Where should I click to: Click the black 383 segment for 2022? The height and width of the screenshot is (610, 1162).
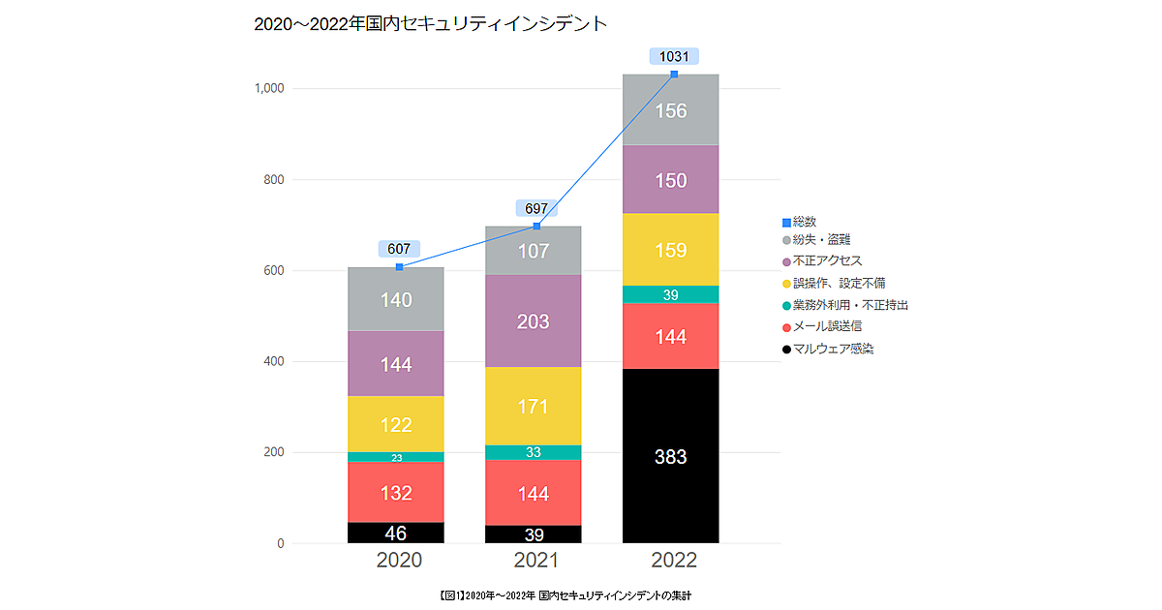[670, 456]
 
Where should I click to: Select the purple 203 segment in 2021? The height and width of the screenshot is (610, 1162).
[533, 321]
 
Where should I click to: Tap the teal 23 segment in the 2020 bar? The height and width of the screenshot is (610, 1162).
[396, 457]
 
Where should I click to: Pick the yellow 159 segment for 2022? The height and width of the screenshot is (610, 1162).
[670, 250]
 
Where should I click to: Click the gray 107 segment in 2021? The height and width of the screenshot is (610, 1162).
[533, 251]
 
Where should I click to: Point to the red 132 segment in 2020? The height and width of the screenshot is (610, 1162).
[396, 493]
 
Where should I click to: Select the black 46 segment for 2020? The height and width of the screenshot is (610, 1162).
[396, 533]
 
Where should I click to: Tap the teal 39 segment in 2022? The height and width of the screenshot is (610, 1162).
[670, 294]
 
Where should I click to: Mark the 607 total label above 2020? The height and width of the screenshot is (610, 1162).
[399, 249]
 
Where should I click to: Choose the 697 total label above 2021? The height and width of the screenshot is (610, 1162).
[536, 208]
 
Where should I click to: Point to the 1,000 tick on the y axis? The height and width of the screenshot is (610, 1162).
[268, 88]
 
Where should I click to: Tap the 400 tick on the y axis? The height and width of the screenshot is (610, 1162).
[274, 362]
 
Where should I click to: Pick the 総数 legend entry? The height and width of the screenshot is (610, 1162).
[805, 222]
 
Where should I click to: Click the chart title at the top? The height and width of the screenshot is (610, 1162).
[430, 24]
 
